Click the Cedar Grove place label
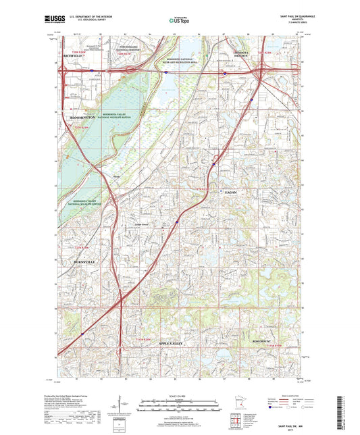point(142,225)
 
